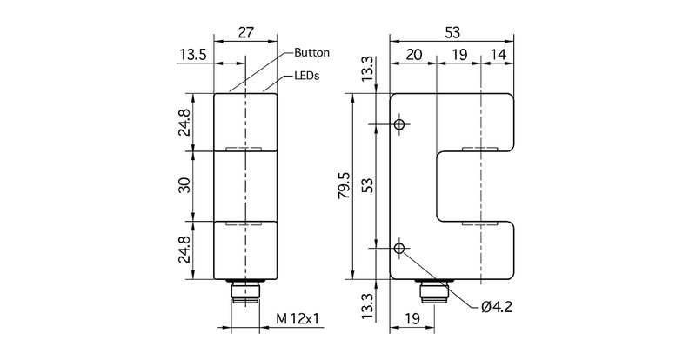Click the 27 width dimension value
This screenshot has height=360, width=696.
click(246, 33)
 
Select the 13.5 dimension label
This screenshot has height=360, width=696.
click(193, 55)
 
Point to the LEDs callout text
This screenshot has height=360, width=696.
click(307, 76)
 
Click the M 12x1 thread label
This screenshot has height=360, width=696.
click(298, 319)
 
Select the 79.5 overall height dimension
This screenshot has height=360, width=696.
click(345, 187)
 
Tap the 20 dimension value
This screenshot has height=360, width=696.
click(413, 55)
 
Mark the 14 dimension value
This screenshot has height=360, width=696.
click(499, 55)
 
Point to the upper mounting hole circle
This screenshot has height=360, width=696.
click(399, 125)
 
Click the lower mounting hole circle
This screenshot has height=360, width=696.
click(399, 250)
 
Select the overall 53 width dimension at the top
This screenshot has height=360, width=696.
click(453, 33)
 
